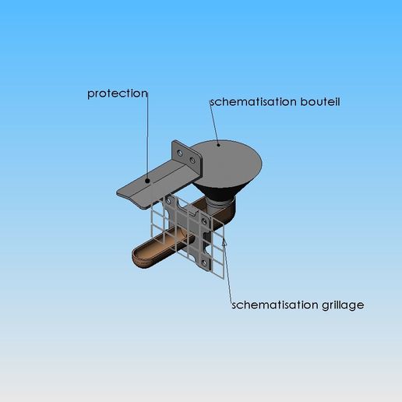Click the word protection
tap(118, 94)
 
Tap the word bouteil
tap(320, 101)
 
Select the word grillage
tap(343, 305)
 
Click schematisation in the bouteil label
tap(253, 102)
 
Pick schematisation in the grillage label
tap(275, 305)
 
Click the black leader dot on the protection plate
tap(147, 181)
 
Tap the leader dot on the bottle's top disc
tap(219, 145)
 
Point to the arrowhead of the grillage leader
tap(224, 241)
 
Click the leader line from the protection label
tap(147, 136)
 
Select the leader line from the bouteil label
tap(214, 122)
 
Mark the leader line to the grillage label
tap(228, 270)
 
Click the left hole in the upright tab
tap(180, 153)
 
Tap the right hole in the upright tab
tap(192, 160)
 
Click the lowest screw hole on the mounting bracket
tap(204, 263)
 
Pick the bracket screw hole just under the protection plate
tap(168, 201)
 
